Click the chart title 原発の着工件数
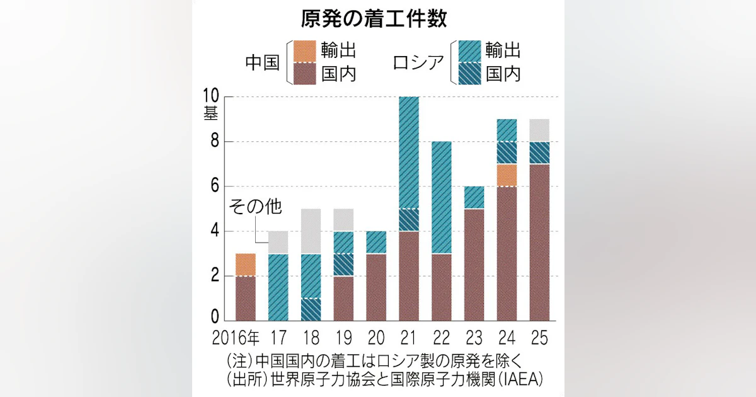pos(374,19)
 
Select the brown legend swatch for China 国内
pos(306,73)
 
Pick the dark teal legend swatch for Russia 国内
pos(469,73)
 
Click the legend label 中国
pos(263,63)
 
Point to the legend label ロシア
pos(417,63)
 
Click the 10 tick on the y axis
pos(210,96)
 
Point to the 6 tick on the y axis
pos(214,187)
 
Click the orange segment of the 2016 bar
pos(246,265)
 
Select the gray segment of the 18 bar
pos(311,231)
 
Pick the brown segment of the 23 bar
pos(474,265)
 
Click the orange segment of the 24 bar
pos(507,175)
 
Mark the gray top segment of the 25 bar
pos(539,130)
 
